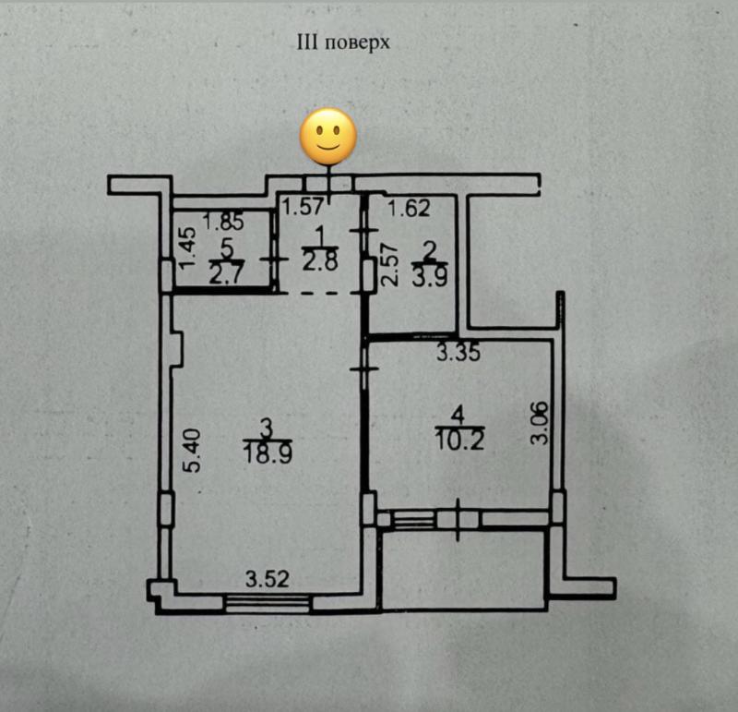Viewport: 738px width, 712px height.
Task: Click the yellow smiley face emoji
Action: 328,136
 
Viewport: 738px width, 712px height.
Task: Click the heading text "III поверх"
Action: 343,42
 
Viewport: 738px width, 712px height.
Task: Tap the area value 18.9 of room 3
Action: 268,454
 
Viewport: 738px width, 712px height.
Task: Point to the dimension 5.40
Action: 193,450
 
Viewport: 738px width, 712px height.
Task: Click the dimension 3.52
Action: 268,579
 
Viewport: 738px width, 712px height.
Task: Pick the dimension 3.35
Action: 458,353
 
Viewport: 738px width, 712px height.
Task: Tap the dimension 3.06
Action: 540,422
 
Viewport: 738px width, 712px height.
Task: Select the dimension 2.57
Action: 389,264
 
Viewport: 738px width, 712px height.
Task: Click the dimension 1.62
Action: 409,209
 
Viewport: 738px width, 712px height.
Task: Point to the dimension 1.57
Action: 304,207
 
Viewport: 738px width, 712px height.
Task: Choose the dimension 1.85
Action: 223,222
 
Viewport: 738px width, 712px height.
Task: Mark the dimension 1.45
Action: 188,247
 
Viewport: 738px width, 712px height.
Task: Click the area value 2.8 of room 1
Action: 320,262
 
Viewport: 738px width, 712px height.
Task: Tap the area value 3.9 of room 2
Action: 430,278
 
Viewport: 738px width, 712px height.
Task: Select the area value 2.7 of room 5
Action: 226,275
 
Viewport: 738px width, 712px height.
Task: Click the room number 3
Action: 267,428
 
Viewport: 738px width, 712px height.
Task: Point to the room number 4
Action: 458,416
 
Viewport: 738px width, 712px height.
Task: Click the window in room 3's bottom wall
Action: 268,603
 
